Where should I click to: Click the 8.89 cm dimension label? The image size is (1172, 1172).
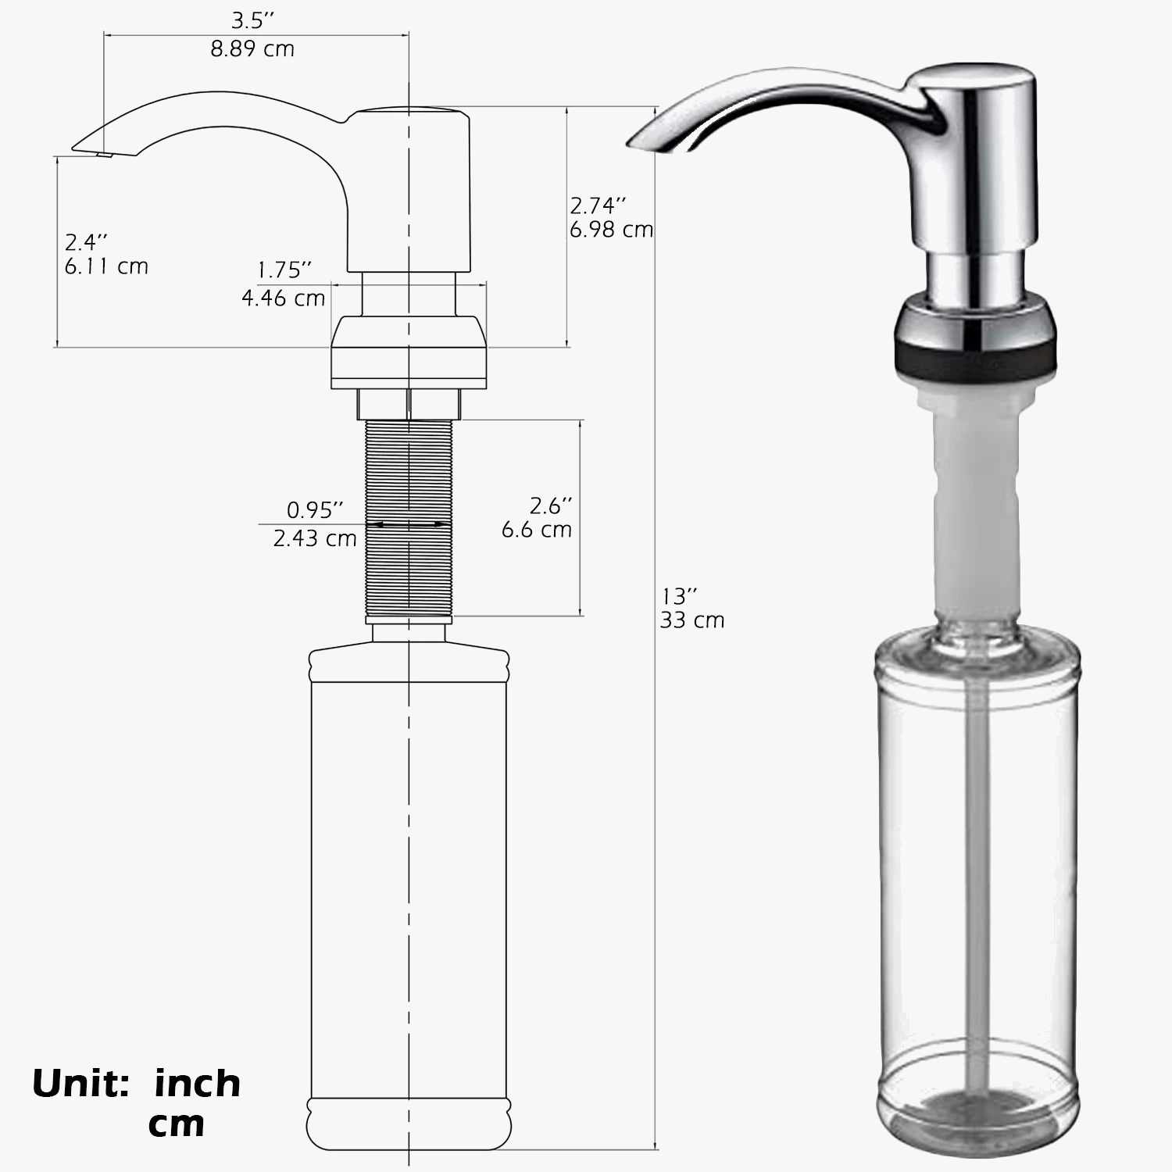click(252, 48)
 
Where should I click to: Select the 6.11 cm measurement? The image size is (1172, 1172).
click(106, 266)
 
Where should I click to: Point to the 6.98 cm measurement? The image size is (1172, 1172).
click(611, 230)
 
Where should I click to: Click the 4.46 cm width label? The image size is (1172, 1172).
click(283, 298)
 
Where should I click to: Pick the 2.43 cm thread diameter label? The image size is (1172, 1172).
click(315, 538)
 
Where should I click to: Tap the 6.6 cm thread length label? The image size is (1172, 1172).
click(537, 530)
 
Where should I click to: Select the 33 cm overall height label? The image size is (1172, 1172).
click(692, 620)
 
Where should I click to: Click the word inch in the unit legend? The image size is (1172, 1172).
click(198, 1084)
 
